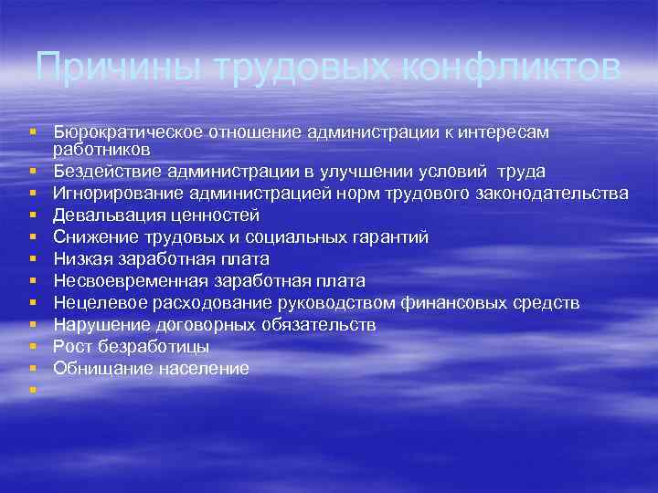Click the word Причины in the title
[x=111, y=68]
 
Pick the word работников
[x=95, y=148]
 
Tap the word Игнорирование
[x=114, y=193]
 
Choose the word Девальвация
[x=102, y=215]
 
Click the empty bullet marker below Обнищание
[x=33, y=391]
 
